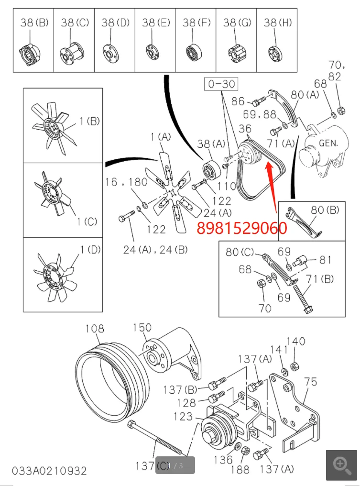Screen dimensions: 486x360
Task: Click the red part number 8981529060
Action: pos(241,228)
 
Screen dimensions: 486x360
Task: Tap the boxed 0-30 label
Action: pos(221,84)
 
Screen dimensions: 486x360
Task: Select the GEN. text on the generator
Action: pos(328,143)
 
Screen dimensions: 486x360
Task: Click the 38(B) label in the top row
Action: pos(34,22)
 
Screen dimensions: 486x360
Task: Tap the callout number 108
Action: pos(95,329)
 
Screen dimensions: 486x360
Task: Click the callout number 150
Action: pos(142,328)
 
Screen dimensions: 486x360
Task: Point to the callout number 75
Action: pos(311,381)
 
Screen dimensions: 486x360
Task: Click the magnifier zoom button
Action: pos(342,465)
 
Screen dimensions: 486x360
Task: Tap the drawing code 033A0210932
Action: pos(50,471)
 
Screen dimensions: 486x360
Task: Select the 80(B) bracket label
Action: pos(325,210)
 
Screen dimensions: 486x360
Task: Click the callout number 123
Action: pos(183,417)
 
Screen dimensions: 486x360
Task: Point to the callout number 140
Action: pos(295,341)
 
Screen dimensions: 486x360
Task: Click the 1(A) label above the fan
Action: pos(160,137)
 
